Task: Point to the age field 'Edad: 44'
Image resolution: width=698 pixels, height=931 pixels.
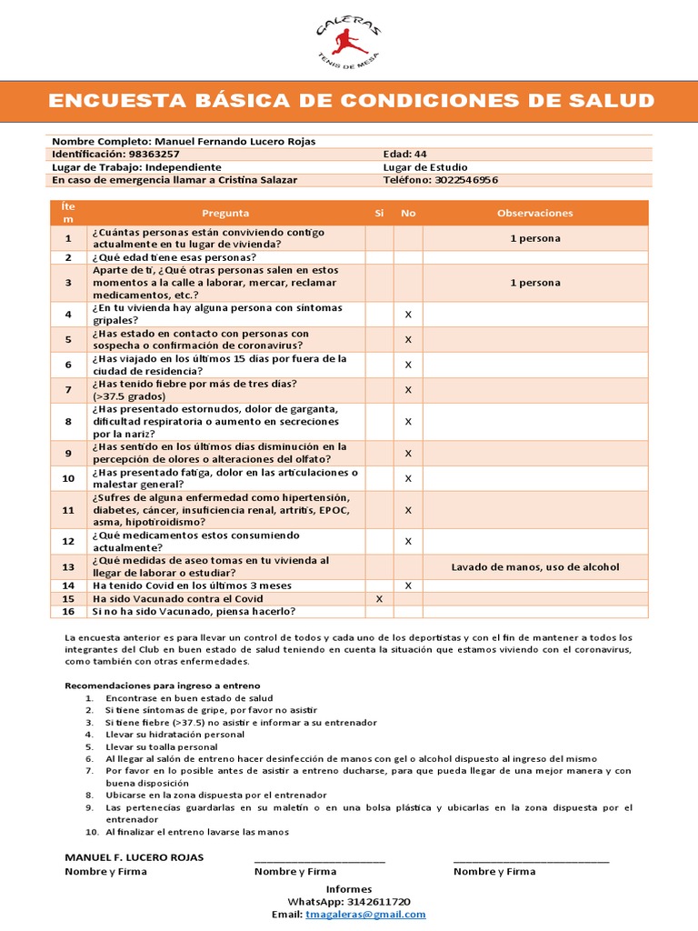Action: tap(404, 155)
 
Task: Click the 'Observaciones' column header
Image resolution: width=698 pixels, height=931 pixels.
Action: tap(535, 213)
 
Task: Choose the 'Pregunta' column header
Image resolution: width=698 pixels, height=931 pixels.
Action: tap(225, 213)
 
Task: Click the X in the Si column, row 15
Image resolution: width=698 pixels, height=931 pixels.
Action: tap(379, 599)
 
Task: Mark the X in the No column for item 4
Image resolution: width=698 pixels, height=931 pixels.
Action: tap(408, 315)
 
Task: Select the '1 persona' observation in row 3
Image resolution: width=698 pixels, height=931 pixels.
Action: tap(535, 283)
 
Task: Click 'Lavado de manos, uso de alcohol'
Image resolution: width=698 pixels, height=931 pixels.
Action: tap(535, 566)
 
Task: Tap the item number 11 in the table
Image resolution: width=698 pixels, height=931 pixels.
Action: tap(68, 510)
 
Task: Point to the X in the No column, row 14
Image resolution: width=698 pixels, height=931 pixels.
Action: tap(408, 586)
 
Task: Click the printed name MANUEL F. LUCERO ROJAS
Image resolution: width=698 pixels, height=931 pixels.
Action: tap(135, 857)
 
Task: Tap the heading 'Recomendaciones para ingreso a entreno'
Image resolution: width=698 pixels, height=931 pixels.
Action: tap(163, 685)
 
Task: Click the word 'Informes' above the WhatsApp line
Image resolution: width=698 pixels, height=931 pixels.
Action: tap(349, 889)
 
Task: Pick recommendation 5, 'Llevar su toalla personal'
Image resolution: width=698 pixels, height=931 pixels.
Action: tap(161, 746)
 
